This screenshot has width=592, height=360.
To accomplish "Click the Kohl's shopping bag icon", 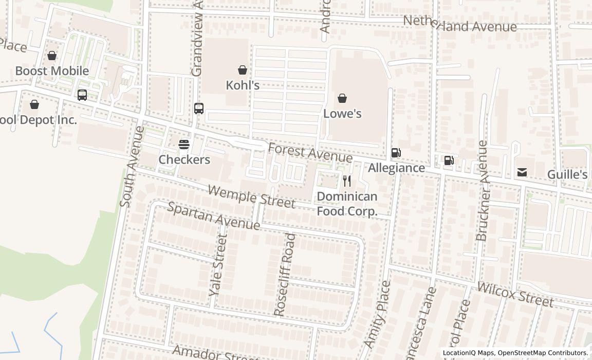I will pos(243,70).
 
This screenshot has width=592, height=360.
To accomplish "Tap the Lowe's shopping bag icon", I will pos(342,98).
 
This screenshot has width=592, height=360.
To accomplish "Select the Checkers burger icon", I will pos(184,145).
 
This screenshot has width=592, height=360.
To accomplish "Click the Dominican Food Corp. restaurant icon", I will pos(347,181).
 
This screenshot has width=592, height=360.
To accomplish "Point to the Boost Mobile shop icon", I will pos(52,56).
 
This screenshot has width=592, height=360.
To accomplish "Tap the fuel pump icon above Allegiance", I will pos(396,152).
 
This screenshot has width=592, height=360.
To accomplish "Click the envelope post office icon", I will pos(522,172).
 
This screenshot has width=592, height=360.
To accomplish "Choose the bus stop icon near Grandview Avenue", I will pos(199,109).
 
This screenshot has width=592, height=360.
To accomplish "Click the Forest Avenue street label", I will pos(310,153).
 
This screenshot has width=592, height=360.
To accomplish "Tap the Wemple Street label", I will pos(252,196).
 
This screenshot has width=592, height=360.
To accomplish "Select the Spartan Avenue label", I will pos(214,216).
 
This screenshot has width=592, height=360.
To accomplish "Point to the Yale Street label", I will pos(218,265).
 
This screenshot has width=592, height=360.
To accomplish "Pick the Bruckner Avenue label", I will pos(482,191).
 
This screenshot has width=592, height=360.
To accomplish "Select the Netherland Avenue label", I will pos(460,24).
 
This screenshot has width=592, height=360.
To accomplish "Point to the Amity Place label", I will pos(377,314).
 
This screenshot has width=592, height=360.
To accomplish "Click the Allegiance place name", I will pos(396,168).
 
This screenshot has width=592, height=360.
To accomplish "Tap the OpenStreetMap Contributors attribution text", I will pos(543,353).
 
